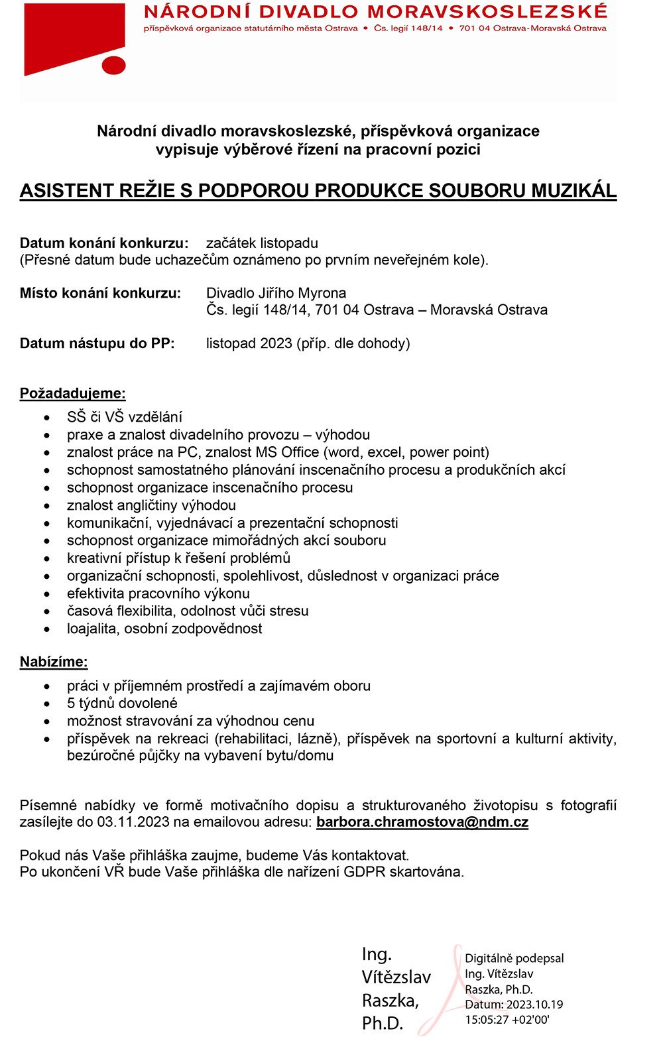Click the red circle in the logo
click(114, 65)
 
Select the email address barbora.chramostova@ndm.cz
click(422, 822)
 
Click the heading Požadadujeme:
click(73, 393)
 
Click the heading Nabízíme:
click(54, 662)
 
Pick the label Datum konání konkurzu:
click(104, 243)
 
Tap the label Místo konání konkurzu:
click(100, 293)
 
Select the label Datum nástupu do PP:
click(97, 343)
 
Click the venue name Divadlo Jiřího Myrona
click(276, 293)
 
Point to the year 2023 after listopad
click(276, 343)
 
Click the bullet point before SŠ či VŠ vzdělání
click(47, 418)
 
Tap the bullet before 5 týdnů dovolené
click(47, 704)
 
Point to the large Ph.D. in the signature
click(383, 1023)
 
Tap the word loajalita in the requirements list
click(93, 629)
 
